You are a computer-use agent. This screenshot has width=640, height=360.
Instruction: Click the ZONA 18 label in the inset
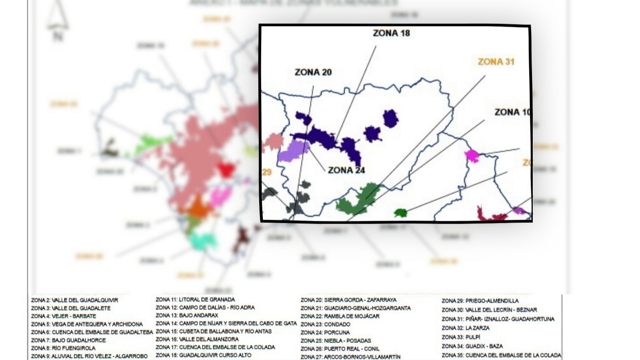pyautogui.click(x=391, y=33)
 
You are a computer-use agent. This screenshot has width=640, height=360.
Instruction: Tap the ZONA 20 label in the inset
pyautogui.click(x=313, y=72)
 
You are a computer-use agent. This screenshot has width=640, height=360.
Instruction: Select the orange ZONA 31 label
pyautogui.click(x=496, y=62)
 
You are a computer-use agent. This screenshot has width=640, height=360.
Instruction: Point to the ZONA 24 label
pyautogui.click(x=346, y=170)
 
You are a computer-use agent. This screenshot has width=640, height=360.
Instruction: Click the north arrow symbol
pyautogui.click(x=58, y=18)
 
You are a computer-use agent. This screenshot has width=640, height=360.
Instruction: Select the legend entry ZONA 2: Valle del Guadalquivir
pyautogui.click(x=74, y=300)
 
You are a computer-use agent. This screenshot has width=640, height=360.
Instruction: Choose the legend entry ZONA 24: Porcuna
pyautogui.click(x=325, y=332)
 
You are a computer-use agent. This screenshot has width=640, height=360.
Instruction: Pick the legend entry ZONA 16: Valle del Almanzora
pyautogui.click(x=197, y=339)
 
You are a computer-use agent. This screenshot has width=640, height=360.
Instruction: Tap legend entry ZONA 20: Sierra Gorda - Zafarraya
pyautogui.click(x=348, y=300)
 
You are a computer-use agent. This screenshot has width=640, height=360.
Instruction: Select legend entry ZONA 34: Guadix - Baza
pyautogui.click(x=472, y=346)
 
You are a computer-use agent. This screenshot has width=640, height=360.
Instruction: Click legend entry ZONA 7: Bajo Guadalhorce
pyautogui.click(x=68, y=340)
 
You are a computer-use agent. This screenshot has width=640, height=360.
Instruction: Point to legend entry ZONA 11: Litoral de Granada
pyautogui.click(x=195, y=299)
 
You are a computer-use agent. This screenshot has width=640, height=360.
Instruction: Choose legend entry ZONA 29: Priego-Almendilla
pyautogui.click(x=480, y=300)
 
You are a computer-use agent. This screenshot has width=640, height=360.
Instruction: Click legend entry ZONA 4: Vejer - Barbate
pyautogui.click(x=64, y=316)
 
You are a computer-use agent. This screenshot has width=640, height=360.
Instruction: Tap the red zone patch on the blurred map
pyautogui.click(x=226, y=170)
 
